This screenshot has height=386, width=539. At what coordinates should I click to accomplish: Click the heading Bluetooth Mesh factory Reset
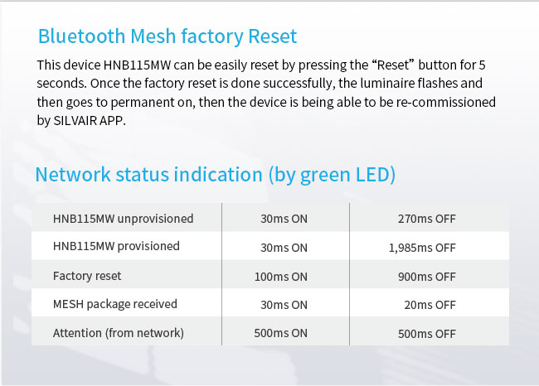(x=168, y=36)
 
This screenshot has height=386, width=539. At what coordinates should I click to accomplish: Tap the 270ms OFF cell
(x=426, y=219)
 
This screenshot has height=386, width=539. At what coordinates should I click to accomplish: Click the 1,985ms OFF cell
(x=422, y=248)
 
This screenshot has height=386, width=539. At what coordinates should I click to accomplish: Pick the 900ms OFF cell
(x=426, y=277)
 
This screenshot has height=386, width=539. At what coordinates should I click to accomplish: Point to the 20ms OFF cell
(x=430, y=305)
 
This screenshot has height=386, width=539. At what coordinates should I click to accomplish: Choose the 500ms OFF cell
(x=426, y=334)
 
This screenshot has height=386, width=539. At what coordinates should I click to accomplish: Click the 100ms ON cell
(x=280, y=277)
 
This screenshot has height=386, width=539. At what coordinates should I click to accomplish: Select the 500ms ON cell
(x=280, y=333)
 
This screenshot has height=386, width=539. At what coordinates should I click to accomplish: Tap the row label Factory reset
(x=87, y=276)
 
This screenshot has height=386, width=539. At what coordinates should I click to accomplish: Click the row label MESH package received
(x=114, y=304)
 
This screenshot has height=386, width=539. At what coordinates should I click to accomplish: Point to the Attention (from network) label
(x=119, y=333)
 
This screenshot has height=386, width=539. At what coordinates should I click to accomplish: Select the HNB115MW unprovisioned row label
(x=123, y=219)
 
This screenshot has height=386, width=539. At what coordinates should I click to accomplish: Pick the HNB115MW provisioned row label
(x=116, y=246)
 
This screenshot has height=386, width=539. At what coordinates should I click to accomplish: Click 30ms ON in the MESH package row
(x=284, y=305)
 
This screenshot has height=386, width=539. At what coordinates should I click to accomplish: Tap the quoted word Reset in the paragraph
(x=393, y=65)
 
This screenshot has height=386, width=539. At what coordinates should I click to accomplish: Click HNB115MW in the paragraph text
(x=137, y=65)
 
